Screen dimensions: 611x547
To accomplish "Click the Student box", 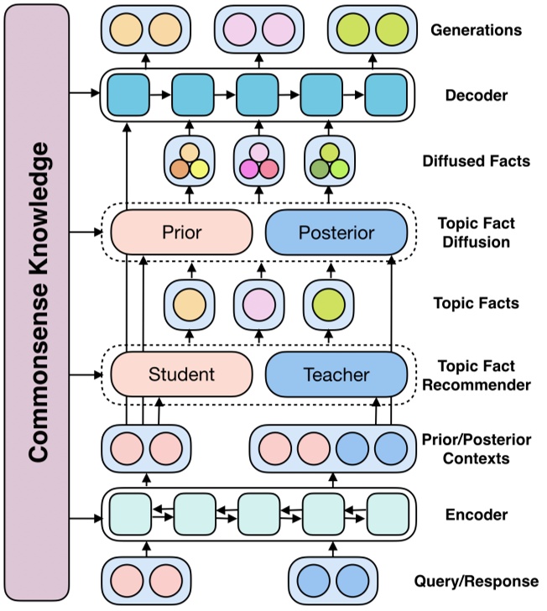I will pos(181,373).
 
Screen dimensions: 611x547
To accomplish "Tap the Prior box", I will pos(181,232).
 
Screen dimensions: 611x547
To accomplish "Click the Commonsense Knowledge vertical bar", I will pos(37,304).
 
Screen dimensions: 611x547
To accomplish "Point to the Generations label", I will pos(476,30).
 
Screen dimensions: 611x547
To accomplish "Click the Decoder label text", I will pos(476,95).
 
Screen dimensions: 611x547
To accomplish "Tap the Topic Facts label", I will pos(476,302).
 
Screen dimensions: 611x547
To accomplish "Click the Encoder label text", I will pos(476,514).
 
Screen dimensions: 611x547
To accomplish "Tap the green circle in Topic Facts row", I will pos(323,302).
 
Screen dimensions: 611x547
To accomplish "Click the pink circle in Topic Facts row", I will pos(254,302).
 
